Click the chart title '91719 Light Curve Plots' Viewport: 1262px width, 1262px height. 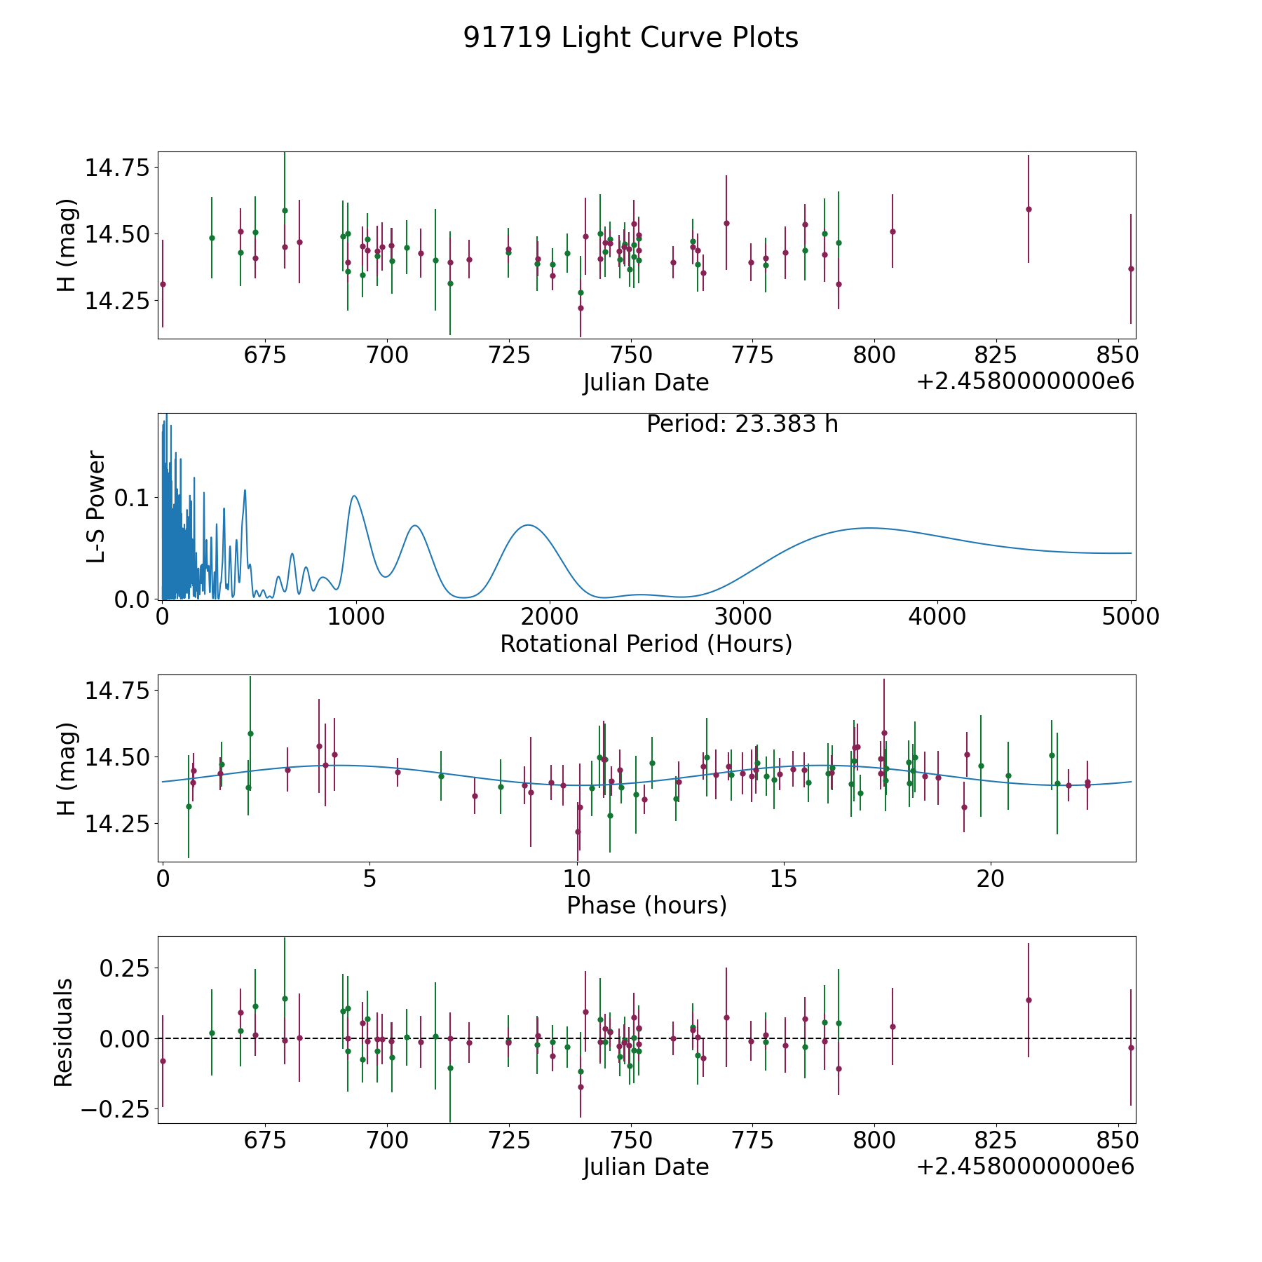(630, 38)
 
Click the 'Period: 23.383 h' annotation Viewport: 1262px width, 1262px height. (742, 424)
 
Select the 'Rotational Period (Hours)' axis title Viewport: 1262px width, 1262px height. (646, 644)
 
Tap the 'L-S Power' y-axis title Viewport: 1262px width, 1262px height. (97, 507)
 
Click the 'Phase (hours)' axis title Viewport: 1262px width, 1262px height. (646, 905)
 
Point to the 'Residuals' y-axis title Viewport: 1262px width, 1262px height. (64, 1033)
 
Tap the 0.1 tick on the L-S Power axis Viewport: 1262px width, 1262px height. (131, 498)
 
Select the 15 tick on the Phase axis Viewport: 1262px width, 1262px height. (784, 878)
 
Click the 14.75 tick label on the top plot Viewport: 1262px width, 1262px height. (117, 168)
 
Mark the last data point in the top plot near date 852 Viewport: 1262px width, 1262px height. (1131, 269)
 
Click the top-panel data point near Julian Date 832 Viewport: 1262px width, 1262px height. (1029, 209)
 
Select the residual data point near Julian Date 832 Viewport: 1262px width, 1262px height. (1029, 1000)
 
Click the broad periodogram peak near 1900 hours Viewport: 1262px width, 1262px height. (528, 525)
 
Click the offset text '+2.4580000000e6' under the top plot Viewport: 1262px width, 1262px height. (1025, 382)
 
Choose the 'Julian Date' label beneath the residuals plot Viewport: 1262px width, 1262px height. (646, 1167)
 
